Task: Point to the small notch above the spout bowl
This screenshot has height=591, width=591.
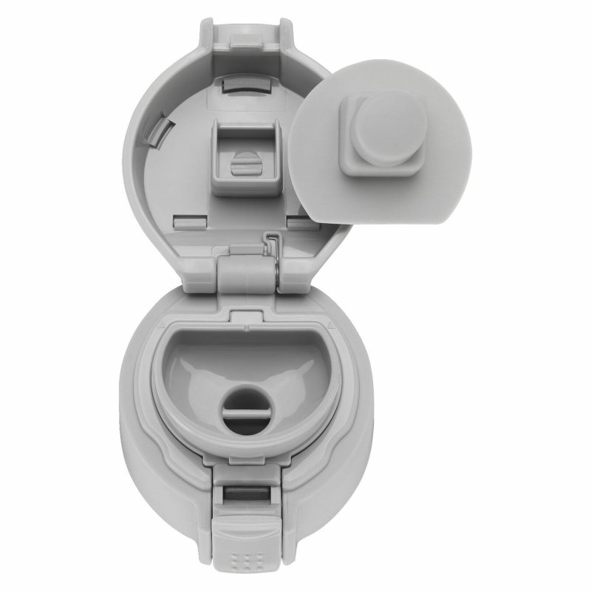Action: [239, 315]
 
